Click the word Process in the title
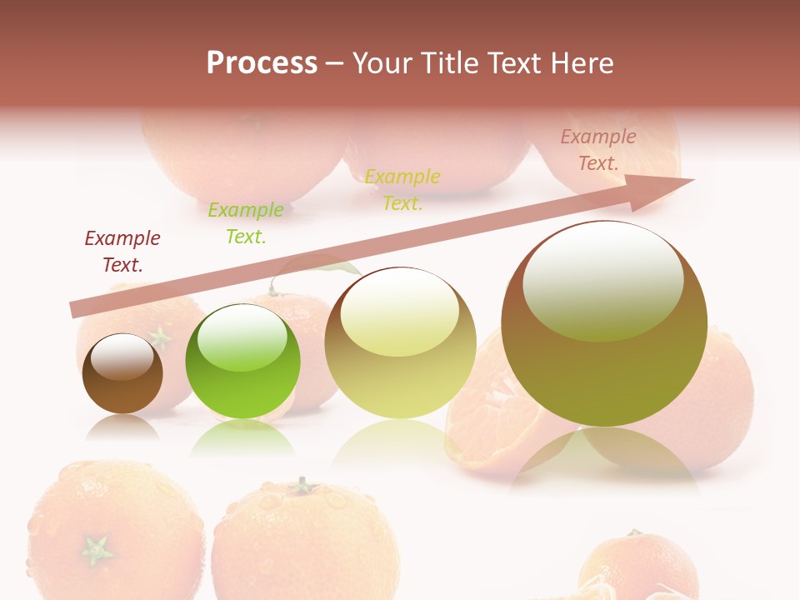(262, 63)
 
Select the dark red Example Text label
(122, 251)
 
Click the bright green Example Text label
(245, 222)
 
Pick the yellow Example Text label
(402, 189)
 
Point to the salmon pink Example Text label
(597, 150)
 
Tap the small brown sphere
(122, 374)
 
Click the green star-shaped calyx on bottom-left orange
(97, 549)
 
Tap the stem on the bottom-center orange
(302, 485)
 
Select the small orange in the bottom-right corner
(637, 567)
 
